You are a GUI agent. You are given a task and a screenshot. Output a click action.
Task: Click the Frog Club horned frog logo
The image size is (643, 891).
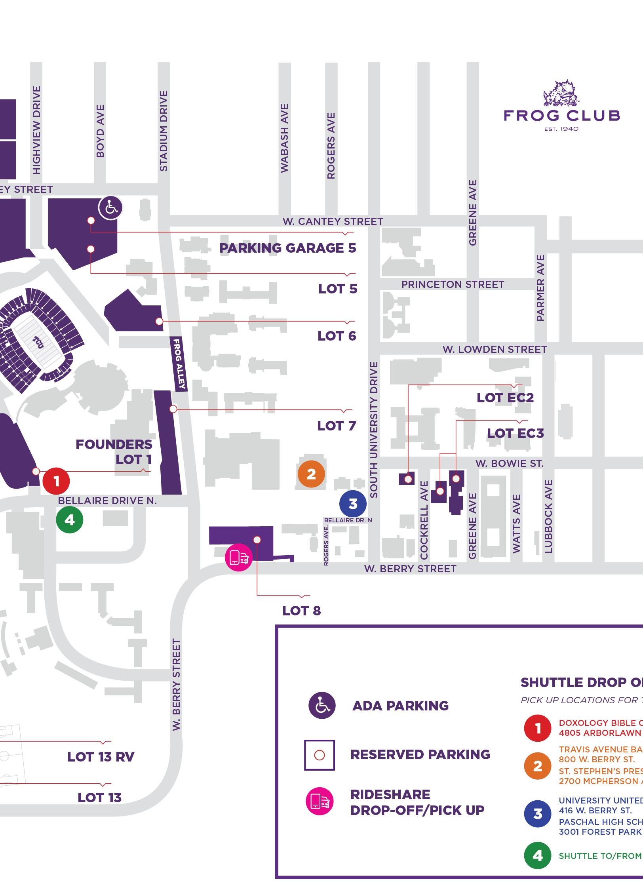click(561, 94)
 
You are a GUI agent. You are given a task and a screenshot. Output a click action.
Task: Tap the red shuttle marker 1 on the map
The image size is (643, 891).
click(56, 481)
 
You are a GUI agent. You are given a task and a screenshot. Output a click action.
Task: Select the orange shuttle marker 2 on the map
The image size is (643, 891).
click(311, 474)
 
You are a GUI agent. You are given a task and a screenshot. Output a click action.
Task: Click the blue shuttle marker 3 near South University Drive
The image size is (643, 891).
click(353, 504)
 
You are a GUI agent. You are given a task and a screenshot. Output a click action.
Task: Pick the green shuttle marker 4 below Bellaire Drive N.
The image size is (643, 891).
click(70, 520)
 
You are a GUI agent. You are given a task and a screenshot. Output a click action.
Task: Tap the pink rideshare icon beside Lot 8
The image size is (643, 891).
click(238, 558)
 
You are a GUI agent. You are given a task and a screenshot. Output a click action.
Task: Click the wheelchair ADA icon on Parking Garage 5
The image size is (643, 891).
click(110, 208)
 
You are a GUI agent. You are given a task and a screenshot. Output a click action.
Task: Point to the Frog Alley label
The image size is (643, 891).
click(179, 364)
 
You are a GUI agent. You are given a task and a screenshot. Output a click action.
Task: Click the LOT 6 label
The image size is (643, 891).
click(337, 336)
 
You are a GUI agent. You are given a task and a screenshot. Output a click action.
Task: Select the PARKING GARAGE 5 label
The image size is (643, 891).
click(288, 248)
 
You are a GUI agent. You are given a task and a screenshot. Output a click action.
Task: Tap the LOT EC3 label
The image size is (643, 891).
click(515, 433)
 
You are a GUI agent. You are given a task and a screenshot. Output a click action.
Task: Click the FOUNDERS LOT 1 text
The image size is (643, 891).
click(114, 452)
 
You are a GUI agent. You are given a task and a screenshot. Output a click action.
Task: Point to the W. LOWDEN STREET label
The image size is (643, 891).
click(495, 349)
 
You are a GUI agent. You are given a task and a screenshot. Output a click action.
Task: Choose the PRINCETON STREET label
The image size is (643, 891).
click(453, 284)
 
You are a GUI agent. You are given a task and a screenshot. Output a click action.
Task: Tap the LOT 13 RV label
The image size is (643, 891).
click(101, 757)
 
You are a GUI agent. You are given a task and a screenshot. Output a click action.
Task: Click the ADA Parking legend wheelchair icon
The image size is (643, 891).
click(322, 705)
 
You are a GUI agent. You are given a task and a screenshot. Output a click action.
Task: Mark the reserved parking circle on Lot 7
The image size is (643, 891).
click(173, 409)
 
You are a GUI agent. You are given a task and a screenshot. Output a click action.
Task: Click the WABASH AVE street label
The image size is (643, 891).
click(284, 138)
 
